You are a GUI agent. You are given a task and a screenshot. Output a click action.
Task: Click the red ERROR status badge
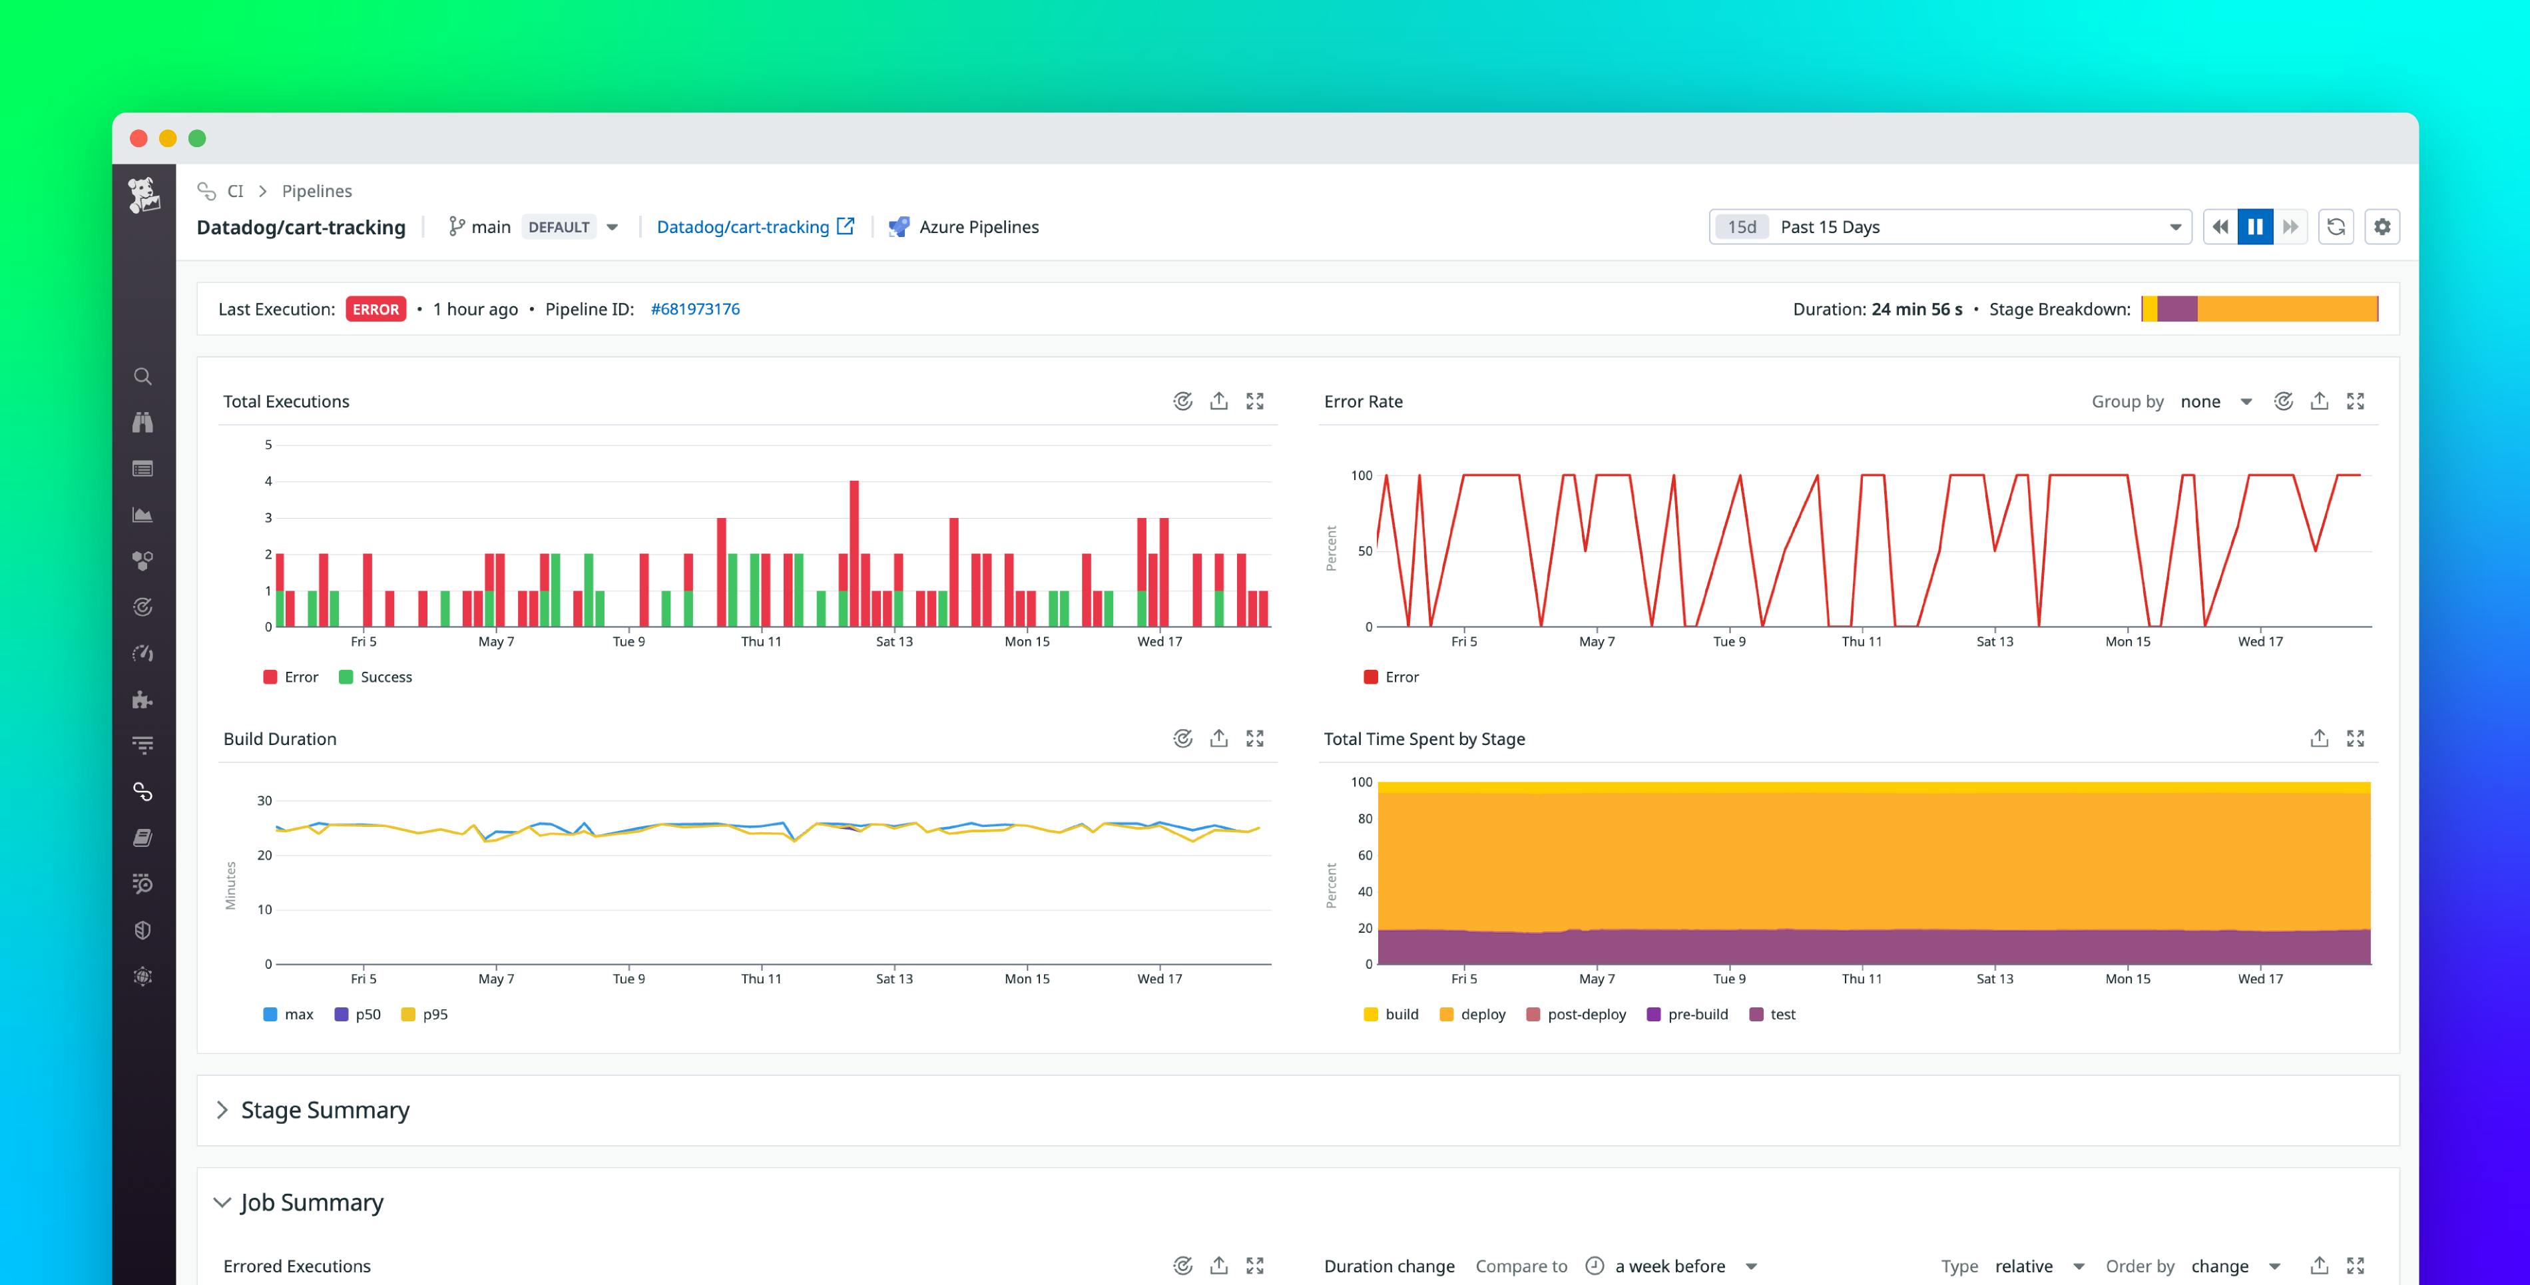coord(376,310)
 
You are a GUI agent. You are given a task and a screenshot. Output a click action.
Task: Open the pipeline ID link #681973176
coord(695,310)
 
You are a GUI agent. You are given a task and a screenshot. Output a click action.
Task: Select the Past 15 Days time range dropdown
coord(1949,227)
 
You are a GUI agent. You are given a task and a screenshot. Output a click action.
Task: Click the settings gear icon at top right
coord(2382,227)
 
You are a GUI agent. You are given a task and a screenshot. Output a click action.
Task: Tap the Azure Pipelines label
coord(978,227)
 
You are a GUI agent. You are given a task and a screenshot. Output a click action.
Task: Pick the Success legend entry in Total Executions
coord(385,677)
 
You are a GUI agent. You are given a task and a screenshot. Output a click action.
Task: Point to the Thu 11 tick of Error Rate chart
coord(1861,642)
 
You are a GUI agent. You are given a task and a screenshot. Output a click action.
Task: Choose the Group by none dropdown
coord(2214,401)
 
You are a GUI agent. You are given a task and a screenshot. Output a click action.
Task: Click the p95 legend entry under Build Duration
coord(434,1015)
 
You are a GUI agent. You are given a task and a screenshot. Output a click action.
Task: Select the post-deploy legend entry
coord(1586,1015)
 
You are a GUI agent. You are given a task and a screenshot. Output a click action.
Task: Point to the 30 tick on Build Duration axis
coord(264,801)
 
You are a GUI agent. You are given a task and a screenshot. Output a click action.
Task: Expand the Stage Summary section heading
coord(325,1110)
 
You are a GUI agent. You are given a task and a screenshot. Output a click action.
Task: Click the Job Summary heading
coord(312,1202)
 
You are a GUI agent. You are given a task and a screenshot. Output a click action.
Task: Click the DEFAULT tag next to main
coord(559,227)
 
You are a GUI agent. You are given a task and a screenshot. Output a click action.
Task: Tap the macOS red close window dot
coord(138,138)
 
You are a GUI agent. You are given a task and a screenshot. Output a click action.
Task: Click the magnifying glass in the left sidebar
coord(142,376)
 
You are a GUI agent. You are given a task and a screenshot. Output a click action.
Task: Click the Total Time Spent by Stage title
coord(1424,739)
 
